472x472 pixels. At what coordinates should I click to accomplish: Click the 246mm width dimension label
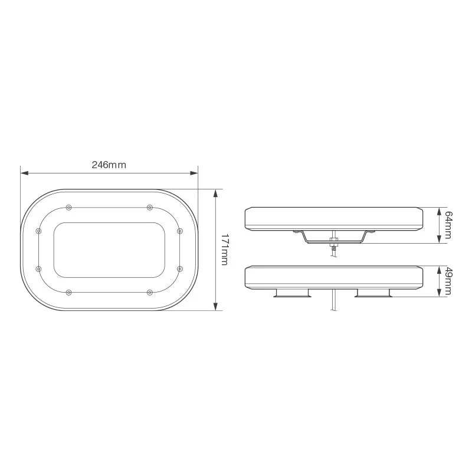(109, 165)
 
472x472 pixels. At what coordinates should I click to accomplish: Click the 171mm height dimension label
(224, 250)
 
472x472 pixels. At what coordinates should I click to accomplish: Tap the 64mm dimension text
(448, 225)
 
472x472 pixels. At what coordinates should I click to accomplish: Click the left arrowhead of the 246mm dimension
(24, 173)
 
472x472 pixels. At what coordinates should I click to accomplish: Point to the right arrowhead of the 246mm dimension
(195, 173)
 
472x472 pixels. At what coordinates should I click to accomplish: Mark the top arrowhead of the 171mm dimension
(216, 192)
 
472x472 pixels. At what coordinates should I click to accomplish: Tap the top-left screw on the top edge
(70, 207)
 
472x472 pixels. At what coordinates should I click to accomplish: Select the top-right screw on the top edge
(149, 207)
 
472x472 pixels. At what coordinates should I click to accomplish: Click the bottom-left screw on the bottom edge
(70, 292)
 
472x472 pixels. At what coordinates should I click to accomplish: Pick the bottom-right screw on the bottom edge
(149, 292)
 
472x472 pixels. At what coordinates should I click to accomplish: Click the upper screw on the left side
(39, 231)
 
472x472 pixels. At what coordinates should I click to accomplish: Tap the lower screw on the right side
(179, 268)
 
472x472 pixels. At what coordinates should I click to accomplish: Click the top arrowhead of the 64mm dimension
(439, 209)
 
